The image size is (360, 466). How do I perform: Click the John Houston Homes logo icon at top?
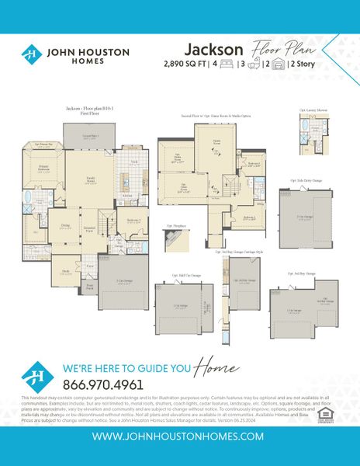click(x=31, y=54)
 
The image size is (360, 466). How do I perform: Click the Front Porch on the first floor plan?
click(x=92, y=285)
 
